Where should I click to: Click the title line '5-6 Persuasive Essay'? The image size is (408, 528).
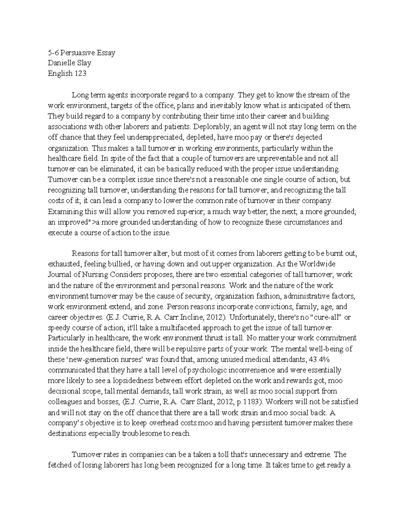pos(81,53)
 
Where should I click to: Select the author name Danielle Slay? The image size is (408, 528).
pos(69,63)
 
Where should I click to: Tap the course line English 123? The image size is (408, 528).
pos(67,73)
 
